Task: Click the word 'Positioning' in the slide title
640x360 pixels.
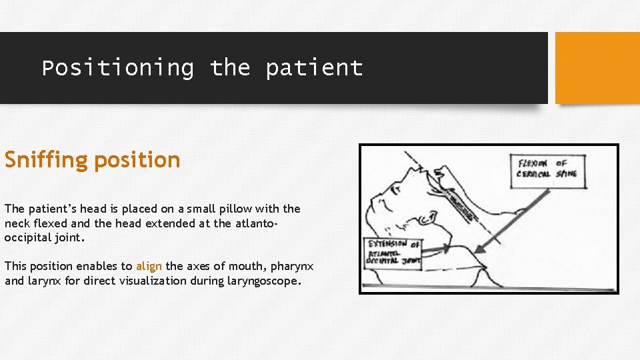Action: coord(118,68)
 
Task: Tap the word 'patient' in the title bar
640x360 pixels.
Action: coord(314,68)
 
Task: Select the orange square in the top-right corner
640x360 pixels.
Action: coord(597,68)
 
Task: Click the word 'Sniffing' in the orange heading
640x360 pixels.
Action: coord(46,160)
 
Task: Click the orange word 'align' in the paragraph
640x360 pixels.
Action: coord(149,266)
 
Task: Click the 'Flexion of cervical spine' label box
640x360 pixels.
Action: coord(550,169)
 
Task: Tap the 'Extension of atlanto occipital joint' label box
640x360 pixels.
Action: coord(393,253)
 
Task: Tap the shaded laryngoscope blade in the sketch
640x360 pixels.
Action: coord(460,203)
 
